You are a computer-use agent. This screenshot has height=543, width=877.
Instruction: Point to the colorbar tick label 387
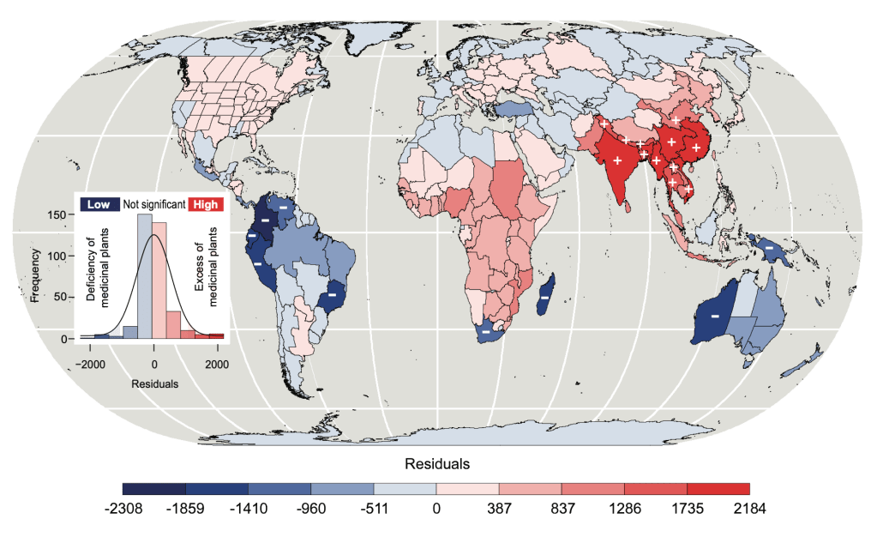[499, 509]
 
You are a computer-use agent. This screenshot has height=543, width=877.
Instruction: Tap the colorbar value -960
[311, 509]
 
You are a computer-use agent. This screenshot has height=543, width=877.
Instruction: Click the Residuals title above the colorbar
[437, 464]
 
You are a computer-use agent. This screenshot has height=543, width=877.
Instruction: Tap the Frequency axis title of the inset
[35, 275]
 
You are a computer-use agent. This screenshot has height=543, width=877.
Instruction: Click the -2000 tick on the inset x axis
[92, 364]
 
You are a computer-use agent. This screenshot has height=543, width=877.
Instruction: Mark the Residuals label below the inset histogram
[154, 384]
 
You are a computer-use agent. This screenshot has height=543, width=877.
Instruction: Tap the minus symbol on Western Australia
[714, 316]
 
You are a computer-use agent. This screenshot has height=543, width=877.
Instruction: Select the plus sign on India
[617, 160]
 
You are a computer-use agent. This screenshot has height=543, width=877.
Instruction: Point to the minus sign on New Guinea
[769, 248]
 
